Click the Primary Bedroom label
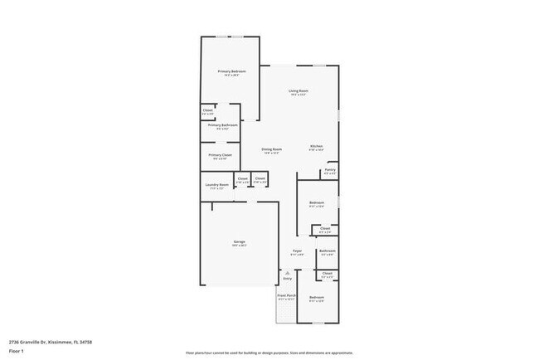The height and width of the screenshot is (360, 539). coord(232,71)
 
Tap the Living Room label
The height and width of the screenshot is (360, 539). coord(299,90)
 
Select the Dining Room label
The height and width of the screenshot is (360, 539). coord(272,149)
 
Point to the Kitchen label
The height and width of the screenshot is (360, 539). coord(317,146)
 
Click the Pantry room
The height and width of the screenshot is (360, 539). coord(330,171)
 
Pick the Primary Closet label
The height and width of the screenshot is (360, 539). coord(220,155)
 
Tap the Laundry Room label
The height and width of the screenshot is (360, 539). coord(216,184)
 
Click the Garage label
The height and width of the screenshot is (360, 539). coord(239,241)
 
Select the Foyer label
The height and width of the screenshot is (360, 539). coord(298,250)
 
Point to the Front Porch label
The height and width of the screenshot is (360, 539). coord(286,296)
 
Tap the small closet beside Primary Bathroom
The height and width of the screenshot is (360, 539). coord(207,110)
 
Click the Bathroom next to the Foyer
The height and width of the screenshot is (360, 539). coord(327,251)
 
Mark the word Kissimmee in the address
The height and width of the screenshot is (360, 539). coord(61,342)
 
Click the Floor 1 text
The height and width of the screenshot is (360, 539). coord(16,351)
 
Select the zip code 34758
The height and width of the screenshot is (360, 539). coord(86,342)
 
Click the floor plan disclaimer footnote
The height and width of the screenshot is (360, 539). coord(269,352)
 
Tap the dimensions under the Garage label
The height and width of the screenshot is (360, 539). coord(239,246)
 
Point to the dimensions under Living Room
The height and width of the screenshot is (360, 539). coord(299,95)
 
